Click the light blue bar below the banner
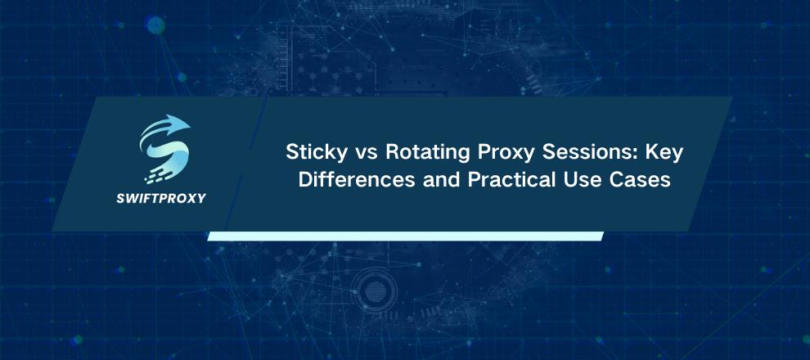tap(405, 236)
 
